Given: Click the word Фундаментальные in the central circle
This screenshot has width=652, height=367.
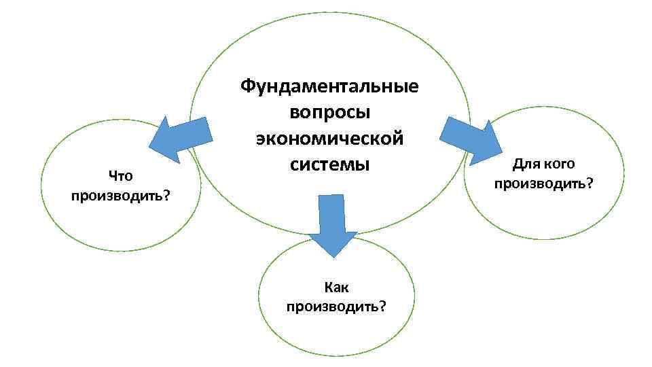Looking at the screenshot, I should click(329, 88).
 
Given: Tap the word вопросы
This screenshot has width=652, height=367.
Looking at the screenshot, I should click(329, 113).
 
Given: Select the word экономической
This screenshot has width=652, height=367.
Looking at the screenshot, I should click(329, 138).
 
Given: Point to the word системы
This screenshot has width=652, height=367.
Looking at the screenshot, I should click(329, 164).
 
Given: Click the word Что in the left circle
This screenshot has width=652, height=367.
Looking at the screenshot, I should click(120, 177).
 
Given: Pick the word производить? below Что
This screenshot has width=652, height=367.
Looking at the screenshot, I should click(120, 196).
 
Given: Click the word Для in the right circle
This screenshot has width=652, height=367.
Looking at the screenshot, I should click(524, 164).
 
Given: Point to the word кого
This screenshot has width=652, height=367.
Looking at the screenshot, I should click(560, 164).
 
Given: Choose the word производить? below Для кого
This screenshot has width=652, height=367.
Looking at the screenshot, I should click(543, 183).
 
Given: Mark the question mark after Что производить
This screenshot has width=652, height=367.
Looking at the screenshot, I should click(166, 196).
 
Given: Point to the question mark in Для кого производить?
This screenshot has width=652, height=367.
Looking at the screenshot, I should click(589, 183).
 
